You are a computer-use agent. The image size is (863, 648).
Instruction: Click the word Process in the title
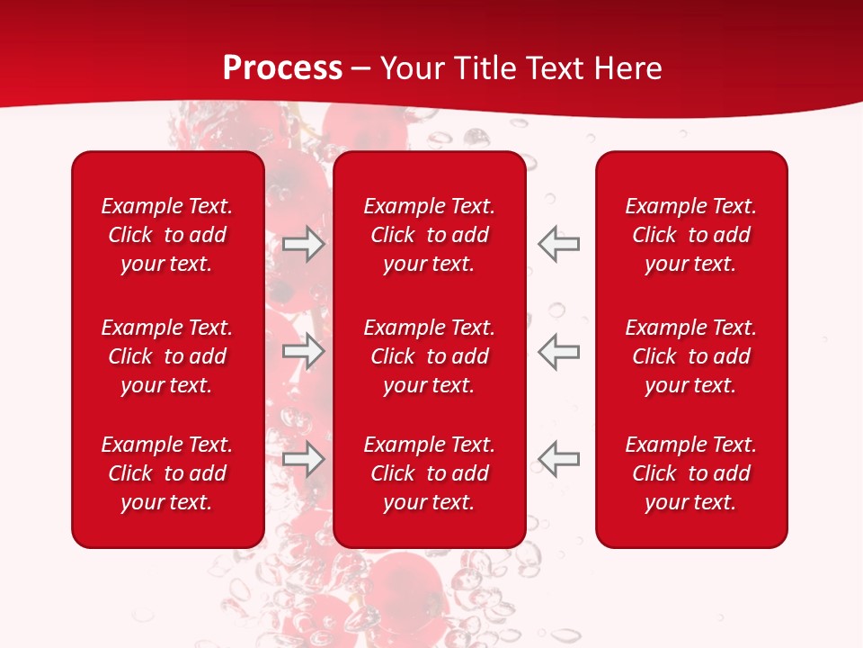tap(282, 68)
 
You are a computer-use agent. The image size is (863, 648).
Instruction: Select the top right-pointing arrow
tap(304, 244)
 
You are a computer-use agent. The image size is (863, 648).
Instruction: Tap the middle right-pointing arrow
tap(304, 351)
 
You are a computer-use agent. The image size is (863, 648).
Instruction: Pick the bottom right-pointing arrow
tap(304, 459)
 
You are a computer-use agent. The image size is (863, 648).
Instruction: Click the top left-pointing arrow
tap(559, 244)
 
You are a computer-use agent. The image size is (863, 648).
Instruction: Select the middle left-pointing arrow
tap(559, 351)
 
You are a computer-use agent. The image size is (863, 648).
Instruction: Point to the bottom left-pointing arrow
tap(559, 459)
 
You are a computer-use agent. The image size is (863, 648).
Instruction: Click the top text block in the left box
tap(167, 235)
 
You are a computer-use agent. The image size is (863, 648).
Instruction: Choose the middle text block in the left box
tap(167, 356)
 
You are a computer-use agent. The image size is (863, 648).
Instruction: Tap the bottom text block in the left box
tap(167, 473)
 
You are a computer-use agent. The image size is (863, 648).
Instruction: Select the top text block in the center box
tap(430, 235)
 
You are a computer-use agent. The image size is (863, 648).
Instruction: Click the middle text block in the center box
tap(430, 356)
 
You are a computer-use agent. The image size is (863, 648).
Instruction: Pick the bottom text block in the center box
tap(430, 473)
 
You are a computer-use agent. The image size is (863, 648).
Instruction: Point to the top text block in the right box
tap(691, 235)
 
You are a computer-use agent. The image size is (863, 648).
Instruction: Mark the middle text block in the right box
tap(691, 356)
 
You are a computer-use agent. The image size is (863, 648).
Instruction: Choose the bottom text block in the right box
tap(691, 473)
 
